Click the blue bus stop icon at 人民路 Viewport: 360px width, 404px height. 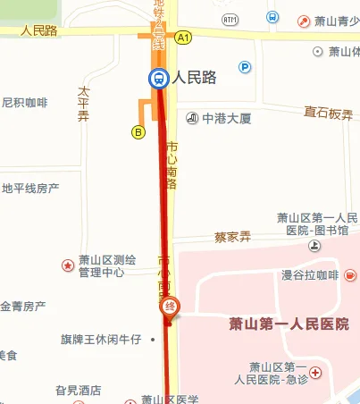pyautogui.click(x=159, y=79)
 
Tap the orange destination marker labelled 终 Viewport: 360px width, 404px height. pyautogui.click(x=170, y=307)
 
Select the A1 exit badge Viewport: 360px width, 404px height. pyautogui.click(x=184, y=38)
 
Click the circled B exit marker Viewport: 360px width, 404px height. pyautogui.click(x=138, y=132)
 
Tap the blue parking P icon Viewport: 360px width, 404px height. pyautogui.click(x=245, y=67)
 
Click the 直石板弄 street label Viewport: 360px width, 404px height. pyautogui.click(x=328, y=114)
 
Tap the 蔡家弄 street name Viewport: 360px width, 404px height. pyautogui.click(x=233, y=238)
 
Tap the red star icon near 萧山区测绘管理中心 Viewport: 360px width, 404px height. pyautogui.click(x=67, y=265)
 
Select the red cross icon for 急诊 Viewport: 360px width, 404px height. pyautogui.click(x=315, y=371)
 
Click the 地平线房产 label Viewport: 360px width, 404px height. pyautogui.click(x=30, y=189)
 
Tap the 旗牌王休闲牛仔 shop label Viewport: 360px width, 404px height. pyautogui.click(x=101, y=340)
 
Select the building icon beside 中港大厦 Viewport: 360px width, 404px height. pyautogui.click(x=192, y=117)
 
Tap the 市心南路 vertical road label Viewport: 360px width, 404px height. pyautogui.click(x=172, y=165)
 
